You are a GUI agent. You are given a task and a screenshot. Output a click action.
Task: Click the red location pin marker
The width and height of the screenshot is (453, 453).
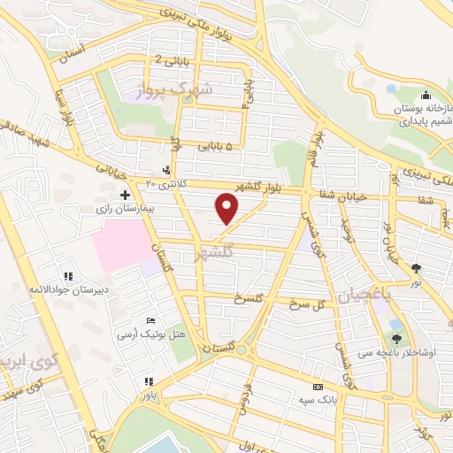227,209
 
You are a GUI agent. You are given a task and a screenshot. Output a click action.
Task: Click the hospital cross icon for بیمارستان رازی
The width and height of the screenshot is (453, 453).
125,195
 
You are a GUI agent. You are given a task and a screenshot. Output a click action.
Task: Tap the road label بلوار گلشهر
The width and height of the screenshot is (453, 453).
266,185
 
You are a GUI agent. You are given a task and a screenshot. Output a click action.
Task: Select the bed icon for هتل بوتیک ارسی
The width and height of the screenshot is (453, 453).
150,320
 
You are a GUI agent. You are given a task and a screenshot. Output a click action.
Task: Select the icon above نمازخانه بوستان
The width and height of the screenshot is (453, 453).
426,95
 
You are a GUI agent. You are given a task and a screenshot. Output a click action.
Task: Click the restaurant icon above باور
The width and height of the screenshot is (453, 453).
149,382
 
